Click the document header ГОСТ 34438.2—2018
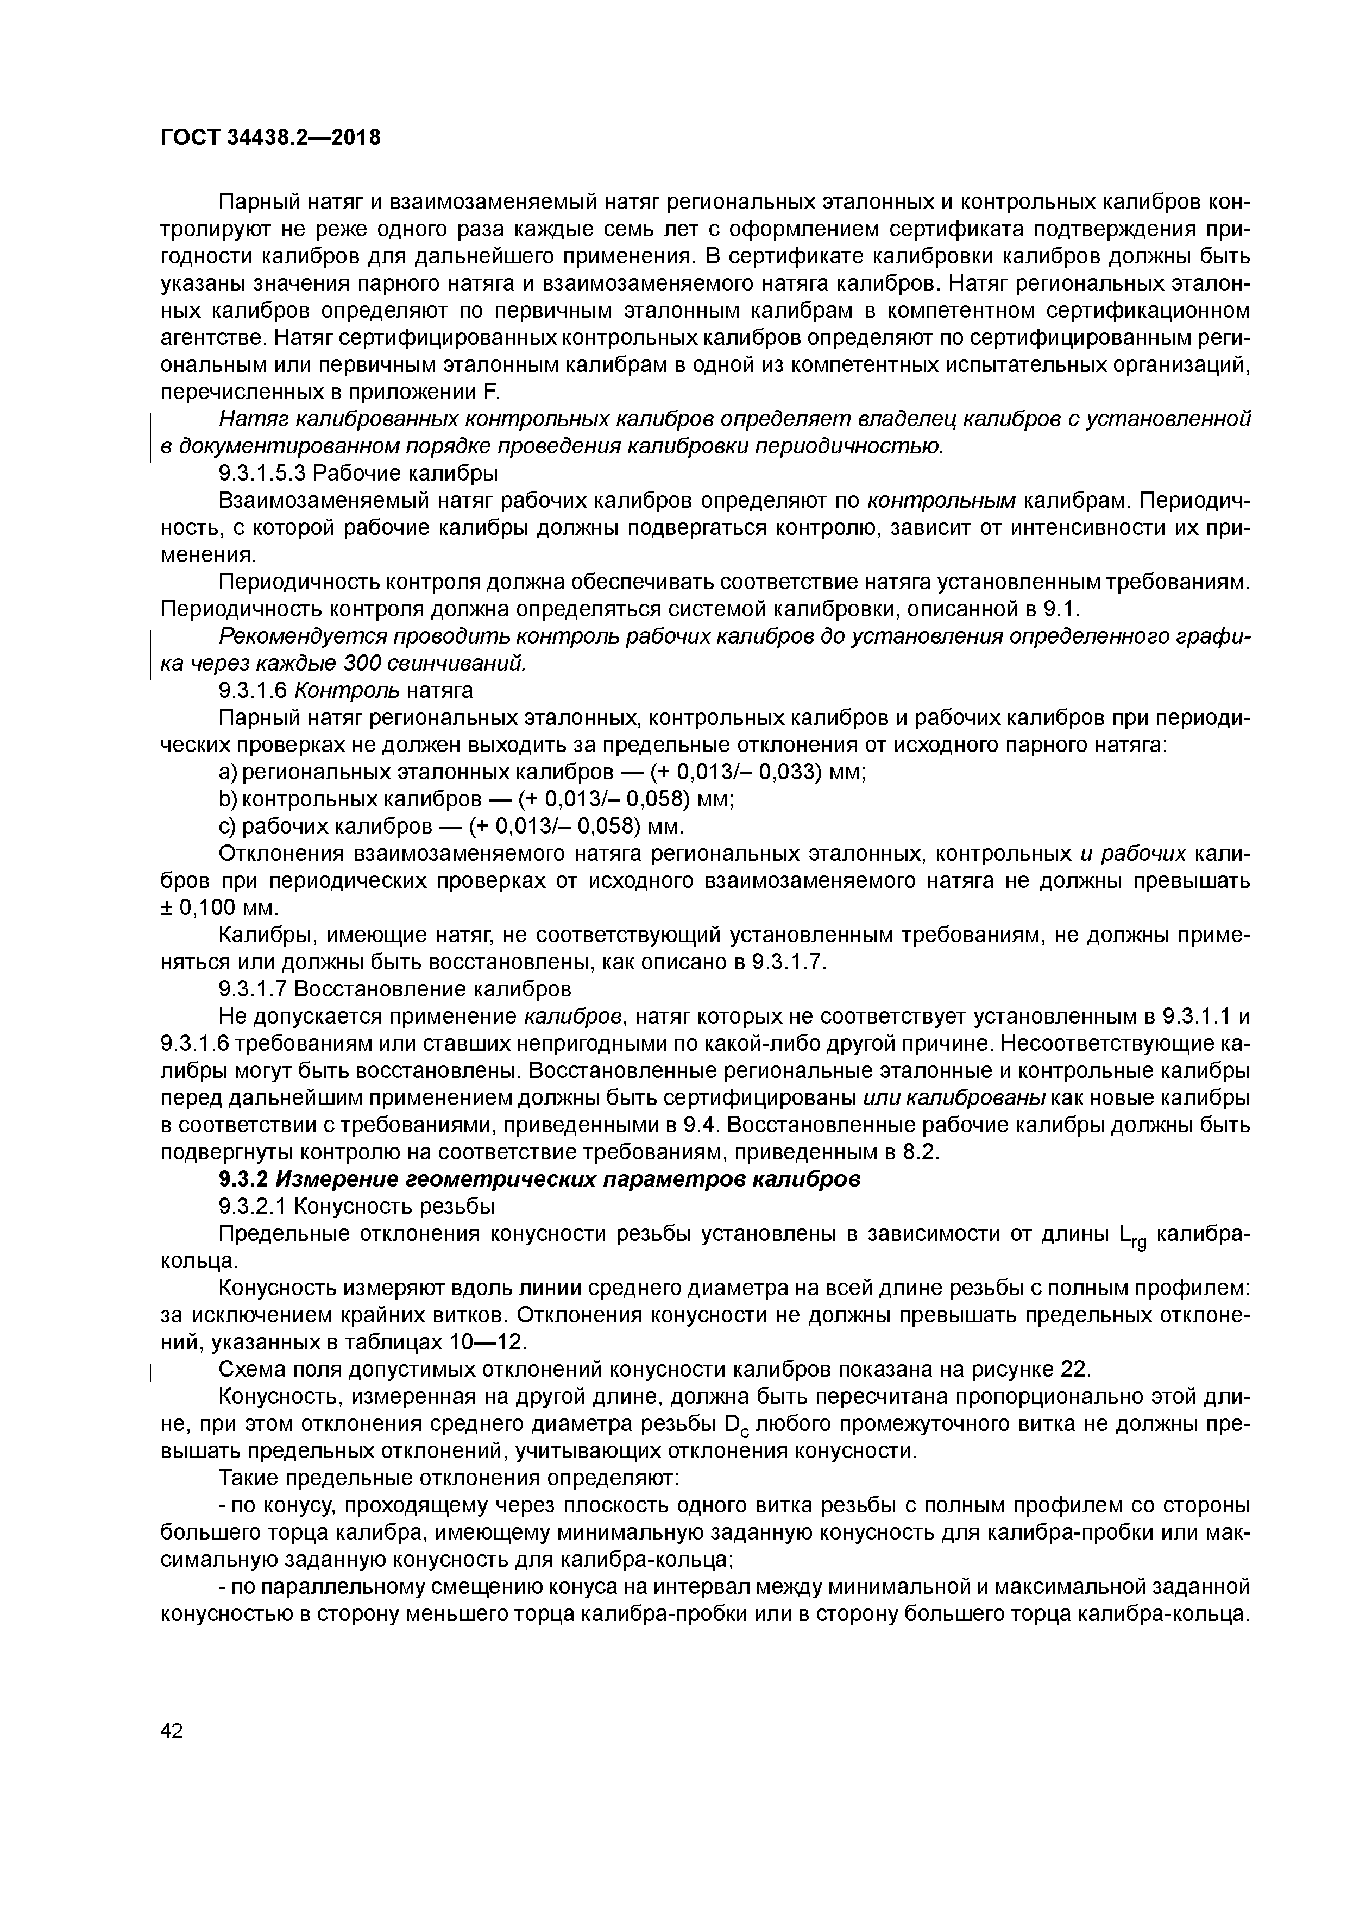point(270,138)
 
